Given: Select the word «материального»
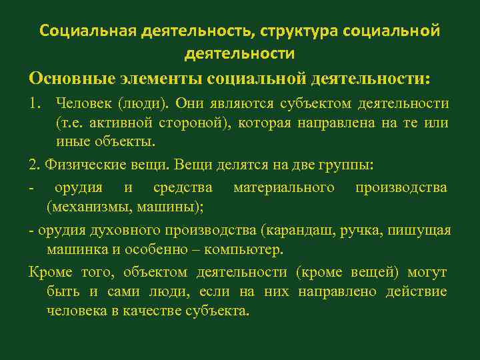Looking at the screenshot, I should (284, 188).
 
